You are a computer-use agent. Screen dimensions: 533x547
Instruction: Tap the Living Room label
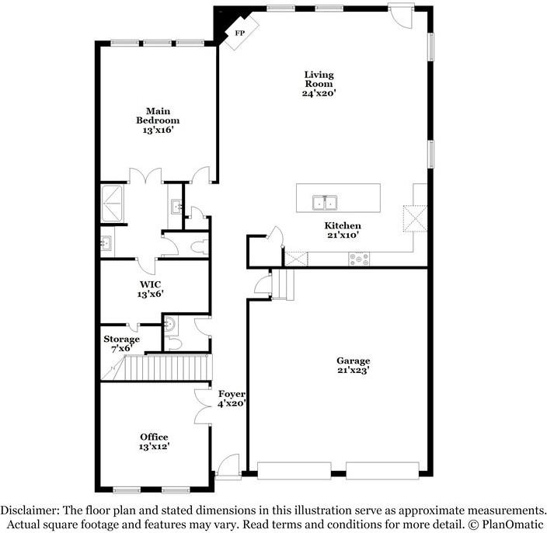(x=319, y=79)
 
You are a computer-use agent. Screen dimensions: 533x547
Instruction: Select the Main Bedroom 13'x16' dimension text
(x=158, y=131)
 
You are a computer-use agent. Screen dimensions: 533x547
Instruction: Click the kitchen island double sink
(x=324, y=203)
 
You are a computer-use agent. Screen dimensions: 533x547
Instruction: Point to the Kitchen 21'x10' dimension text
(x=343, y=234)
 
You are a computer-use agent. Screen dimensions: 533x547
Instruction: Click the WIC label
(x=151, y=284)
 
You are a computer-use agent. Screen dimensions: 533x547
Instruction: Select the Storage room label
(x=122, y=340)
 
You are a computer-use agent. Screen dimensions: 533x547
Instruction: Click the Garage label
(x=354, y=361)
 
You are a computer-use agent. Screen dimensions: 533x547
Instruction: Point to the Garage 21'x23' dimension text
(x=354, y=371)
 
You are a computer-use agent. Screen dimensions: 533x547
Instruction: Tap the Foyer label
(x=232, y=394)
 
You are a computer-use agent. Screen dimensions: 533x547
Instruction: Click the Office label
(x=154, y=437)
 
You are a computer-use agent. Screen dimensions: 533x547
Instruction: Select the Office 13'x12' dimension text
(x=154, y=447)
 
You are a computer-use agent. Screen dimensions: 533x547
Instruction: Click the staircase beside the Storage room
(x=166, y=364)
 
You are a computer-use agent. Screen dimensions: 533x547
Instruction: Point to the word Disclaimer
(x=30, y=510)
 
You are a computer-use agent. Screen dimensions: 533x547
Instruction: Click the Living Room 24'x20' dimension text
(x=319, y=93)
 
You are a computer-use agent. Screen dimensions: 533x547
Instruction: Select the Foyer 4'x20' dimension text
(x=232, y=404)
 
